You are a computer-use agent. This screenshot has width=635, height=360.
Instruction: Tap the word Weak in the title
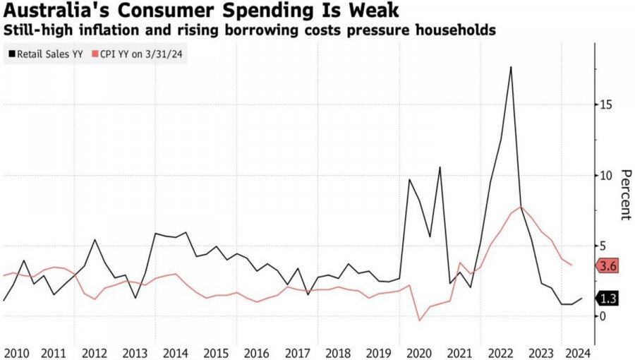tap(375, 11)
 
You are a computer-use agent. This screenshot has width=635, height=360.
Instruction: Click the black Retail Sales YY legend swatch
tap(12, 53)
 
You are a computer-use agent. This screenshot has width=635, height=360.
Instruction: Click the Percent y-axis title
tap(625, 195)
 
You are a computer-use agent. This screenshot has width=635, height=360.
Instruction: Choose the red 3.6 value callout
tap(608, 266)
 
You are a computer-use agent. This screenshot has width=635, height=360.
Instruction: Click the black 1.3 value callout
tap(608, 299)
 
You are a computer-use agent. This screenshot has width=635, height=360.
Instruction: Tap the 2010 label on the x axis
tap(16, 352)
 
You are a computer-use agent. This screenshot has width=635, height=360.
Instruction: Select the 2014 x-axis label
tap(175, 352)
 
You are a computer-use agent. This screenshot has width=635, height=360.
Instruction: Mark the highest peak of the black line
tap(511, 66)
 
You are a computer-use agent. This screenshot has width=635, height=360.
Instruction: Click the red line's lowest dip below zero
tap(420, 320)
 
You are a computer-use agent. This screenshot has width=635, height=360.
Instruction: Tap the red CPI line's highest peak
tap(521, 206)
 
